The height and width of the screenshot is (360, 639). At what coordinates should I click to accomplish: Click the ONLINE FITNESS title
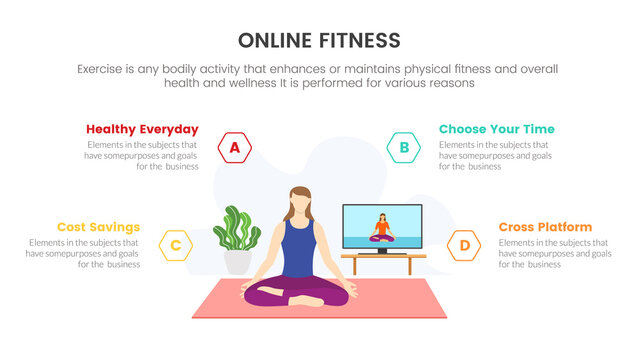[x=319, y=40]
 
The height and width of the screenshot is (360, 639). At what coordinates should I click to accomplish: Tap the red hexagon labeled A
[x=235, y=149]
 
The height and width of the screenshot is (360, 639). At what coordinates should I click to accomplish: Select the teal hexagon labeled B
[x=404, y=149]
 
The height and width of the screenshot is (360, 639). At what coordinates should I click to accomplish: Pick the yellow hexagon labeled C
[x=175, y=245]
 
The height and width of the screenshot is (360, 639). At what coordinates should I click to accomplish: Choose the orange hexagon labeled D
[x=464, y=245]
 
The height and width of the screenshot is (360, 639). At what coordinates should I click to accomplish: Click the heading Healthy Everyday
[x=142, y=129]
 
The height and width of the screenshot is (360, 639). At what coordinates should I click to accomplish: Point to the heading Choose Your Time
[x=496, y=129]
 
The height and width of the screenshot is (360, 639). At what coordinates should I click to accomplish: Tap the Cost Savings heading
[x=98, y=227]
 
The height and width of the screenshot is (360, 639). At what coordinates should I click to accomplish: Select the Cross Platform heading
[x=545, y=227]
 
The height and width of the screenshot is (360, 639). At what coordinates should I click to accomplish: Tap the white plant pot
[x=238, y=261]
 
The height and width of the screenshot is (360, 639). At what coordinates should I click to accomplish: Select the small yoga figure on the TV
[x=381, y=229]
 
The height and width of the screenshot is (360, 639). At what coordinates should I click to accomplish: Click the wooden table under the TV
[x=383, y=259]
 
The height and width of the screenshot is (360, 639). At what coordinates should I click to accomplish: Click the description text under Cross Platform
[x=552, y=254]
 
